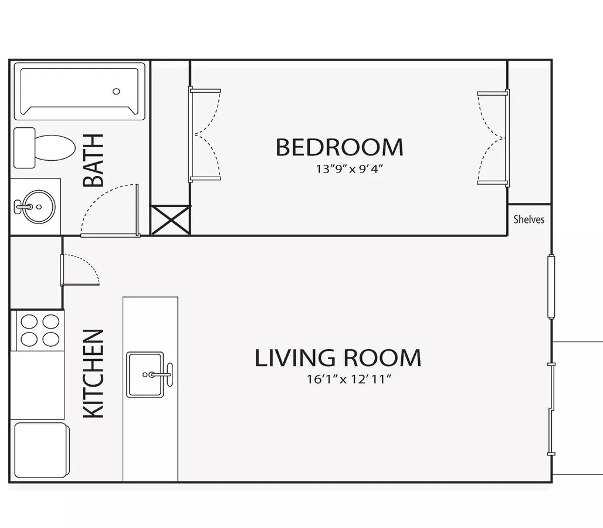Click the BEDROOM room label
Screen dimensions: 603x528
tap(340, 147)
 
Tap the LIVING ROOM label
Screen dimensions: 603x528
tap(338, 358)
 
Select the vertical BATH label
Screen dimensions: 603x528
tap(93, 160)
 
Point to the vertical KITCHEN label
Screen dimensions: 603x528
tap(93, 373)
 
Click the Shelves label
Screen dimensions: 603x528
tap(529, 219)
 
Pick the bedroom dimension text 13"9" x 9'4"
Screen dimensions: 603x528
tap(350, 169)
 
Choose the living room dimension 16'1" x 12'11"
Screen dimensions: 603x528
tap(349, 379)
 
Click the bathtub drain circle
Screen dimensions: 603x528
tap(116, 92)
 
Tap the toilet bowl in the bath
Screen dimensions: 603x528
tap(55, 148)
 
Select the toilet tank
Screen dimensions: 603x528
tap(24, 148)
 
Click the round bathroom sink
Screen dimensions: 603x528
tap(39, 207)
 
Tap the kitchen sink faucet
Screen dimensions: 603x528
tap(161, 374)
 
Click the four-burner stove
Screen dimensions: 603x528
tap(40, 330)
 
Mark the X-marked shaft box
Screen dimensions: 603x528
tap(170, 220)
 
